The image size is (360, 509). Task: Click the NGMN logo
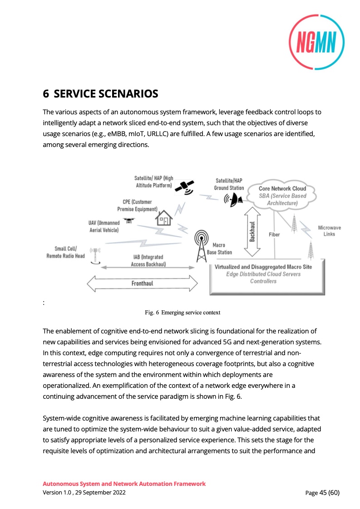click(316, 42)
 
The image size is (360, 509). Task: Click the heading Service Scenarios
click(100, 94)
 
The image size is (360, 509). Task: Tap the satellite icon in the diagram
click(186, 186)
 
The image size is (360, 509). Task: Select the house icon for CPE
click(164, 219)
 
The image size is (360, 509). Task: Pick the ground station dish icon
click(234, 200)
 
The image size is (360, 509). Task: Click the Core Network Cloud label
click(282, 188)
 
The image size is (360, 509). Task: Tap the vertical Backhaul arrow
click(252, 232)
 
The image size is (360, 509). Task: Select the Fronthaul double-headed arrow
click(142, 284)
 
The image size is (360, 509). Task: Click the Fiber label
click(274, 235)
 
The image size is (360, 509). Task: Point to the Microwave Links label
click(329, 231)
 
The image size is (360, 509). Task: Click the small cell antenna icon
click(95, 255)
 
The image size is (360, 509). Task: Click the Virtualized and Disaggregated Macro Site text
click(269, 267)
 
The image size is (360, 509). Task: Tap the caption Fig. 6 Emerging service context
click(182, 312)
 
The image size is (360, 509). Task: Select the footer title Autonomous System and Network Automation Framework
click(124, 484)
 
